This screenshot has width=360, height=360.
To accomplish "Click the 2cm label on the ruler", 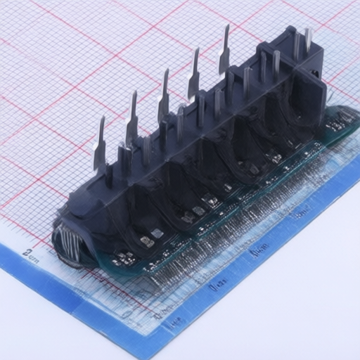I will pos(30,254).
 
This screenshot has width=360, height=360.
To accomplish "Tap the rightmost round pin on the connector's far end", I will pos(308,42).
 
